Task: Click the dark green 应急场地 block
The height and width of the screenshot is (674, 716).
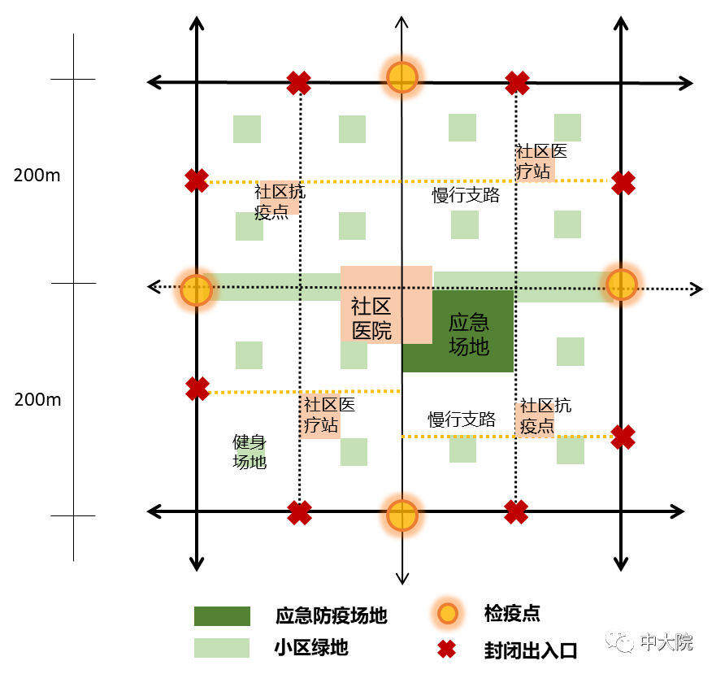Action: tap(458, 332)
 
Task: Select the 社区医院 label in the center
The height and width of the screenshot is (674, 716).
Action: tap(371, 319)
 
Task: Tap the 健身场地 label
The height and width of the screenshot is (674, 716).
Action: tap(250, 451)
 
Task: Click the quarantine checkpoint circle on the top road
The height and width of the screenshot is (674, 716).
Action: tap(401, 77)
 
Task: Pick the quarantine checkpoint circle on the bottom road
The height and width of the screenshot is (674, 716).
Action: tap(401, 515)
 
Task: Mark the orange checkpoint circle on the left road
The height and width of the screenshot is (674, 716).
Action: tap(197, 289)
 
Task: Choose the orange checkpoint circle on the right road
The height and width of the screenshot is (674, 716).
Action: tap(622, 285)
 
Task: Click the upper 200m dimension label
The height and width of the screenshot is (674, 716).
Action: tap(37, 176)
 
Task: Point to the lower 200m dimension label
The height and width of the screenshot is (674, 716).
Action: tap(37, 400)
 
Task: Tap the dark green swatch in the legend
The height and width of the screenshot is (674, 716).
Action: tap(222, 616)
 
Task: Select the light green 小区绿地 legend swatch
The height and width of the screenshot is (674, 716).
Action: tap(222, 648)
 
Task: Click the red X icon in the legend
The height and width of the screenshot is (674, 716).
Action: tap(447, 649)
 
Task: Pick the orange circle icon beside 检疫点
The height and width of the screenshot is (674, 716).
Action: tap(448, 613)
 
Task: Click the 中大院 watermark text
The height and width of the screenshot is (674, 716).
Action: tap(666, 642)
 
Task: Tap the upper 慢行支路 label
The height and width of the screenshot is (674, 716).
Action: tap(466, 195)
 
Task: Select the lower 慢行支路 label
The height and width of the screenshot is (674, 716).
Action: tap(462, 419)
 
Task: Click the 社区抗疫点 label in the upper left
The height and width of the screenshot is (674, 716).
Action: tap(279, 202)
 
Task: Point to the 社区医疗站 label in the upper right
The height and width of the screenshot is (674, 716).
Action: tap(541, 161)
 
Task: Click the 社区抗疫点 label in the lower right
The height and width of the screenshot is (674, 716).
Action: tap(545, 415)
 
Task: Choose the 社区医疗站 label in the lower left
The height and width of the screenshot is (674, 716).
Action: tap(329, 415)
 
